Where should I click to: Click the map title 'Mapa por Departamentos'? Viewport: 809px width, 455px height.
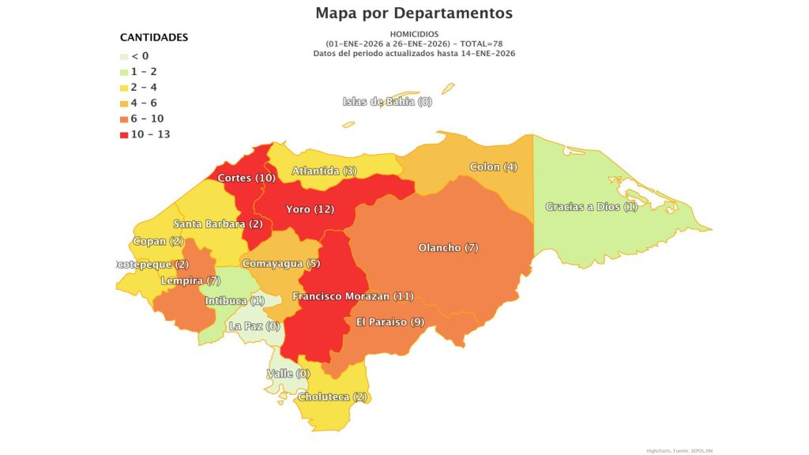click(413, 13)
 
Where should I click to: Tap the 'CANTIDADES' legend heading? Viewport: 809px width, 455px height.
click(153, 37)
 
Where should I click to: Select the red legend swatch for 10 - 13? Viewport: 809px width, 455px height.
click(124, 134)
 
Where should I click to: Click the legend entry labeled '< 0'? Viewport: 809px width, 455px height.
click(139, 56)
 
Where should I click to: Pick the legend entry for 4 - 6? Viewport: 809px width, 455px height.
click(144, 103)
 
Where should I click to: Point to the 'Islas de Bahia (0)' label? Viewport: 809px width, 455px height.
click(387, 101)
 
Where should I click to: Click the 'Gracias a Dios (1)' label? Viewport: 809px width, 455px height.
click(591, 207)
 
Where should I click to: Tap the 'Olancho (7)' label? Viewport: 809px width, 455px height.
click(448, 248)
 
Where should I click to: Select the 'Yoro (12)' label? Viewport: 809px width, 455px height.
click(310, 209)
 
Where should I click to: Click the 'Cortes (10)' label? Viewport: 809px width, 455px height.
click(246, 178)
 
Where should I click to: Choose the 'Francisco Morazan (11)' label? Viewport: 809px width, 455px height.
click(352, 296)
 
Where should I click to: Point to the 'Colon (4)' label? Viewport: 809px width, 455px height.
click(493, 167)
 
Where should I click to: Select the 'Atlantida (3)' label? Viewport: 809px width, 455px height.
click(324, 171)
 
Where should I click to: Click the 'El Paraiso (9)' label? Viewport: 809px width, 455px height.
click(390, 322)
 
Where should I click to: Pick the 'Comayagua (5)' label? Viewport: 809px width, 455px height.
click(280, 263)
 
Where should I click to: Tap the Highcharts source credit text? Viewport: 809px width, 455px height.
click(679, 449)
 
